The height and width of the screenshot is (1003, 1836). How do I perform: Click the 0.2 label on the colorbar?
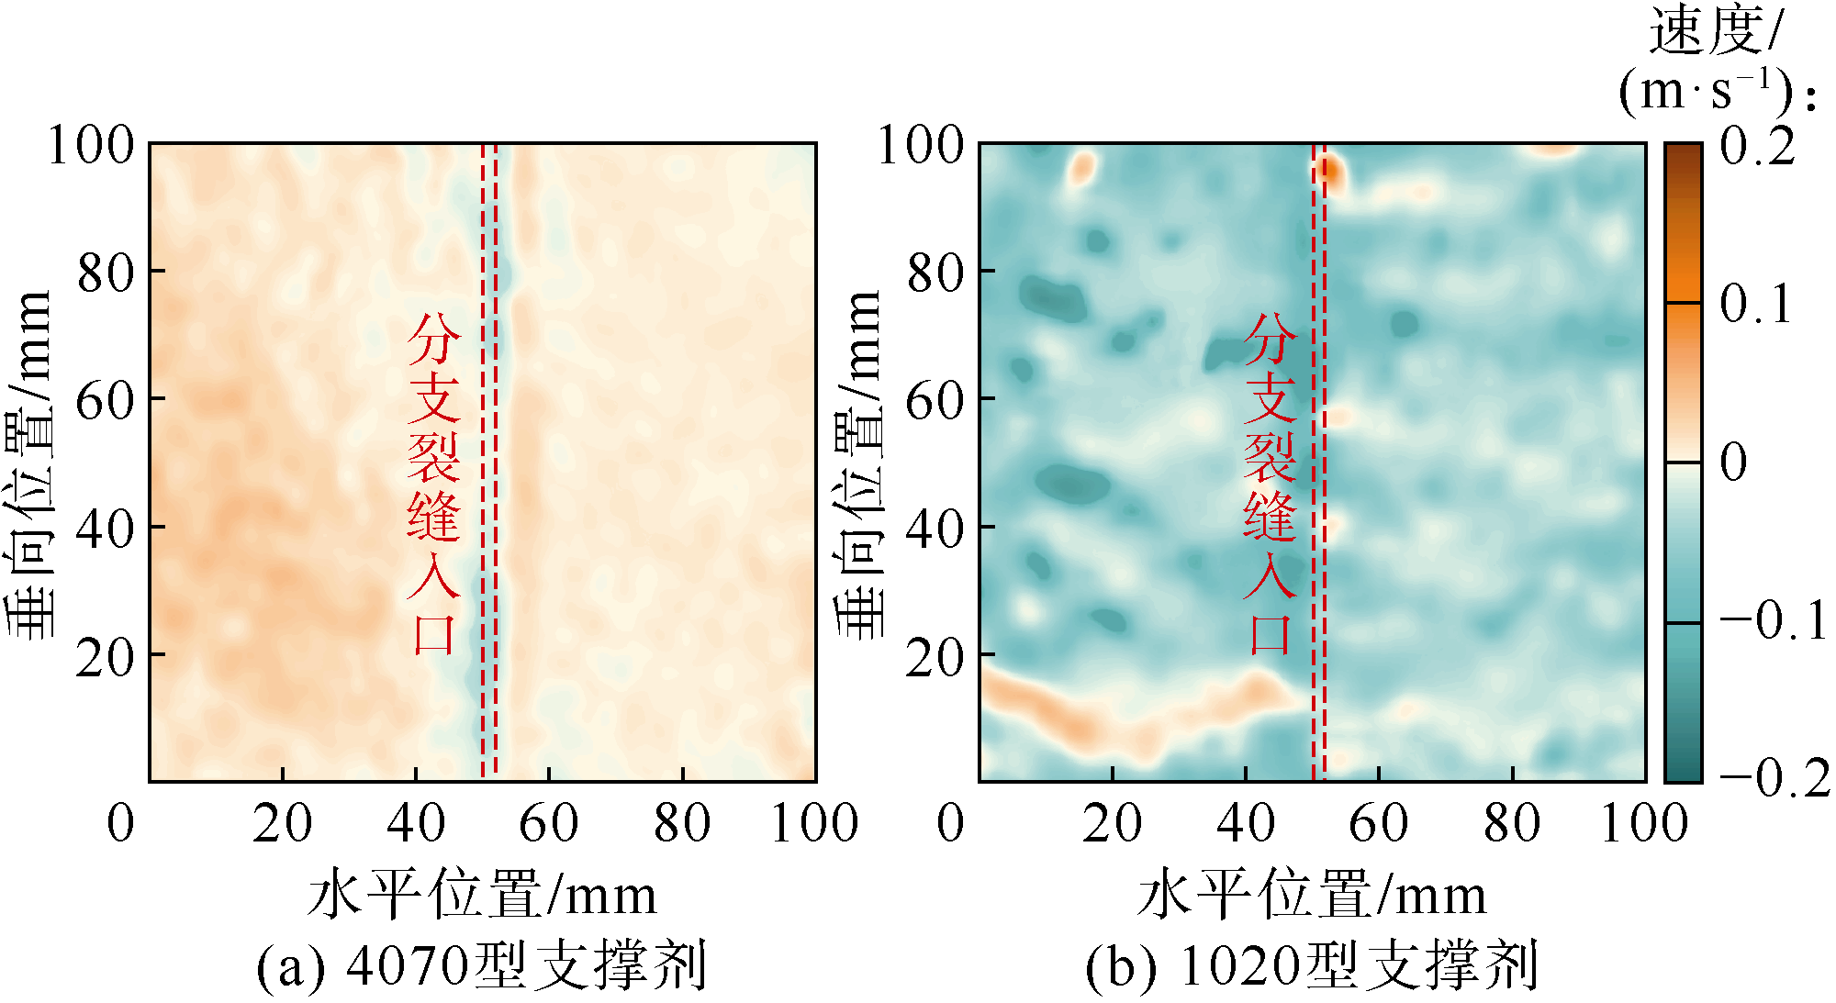(1757, 147)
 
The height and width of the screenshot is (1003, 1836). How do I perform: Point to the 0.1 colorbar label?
(1755, 305)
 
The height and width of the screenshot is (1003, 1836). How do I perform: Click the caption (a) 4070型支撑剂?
(482, 966)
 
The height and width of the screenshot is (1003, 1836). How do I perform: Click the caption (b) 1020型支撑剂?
(1312, 966)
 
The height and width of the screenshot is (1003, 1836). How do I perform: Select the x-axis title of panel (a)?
(482, 895)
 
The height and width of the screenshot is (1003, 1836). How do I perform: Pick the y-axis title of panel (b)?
(857, 462)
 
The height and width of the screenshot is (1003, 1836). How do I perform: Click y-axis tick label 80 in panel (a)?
(106, 273)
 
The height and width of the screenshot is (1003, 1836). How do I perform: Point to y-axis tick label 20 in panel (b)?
(935, 657)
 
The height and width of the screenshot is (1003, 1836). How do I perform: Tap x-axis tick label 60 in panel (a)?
(548, 822)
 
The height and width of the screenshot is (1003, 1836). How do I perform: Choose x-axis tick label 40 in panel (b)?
(1246, 822)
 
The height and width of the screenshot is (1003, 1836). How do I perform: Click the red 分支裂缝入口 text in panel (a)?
(432, 484)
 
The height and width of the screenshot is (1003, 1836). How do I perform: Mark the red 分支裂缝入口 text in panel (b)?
(1270, 484)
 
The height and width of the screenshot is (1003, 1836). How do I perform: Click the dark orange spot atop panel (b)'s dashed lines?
(1328, 171)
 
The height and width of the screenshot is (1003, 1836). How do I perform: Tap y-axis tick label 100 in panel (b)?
(921, 145)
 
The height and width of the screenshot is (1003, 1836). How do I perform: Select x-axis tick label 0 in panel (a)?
(121, 822)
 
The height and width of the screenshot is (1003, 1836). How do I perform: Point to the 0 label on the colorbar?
(1733, 462)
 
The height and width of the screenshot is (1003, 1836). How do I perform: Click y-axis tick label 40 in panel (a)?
(106, 529)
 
